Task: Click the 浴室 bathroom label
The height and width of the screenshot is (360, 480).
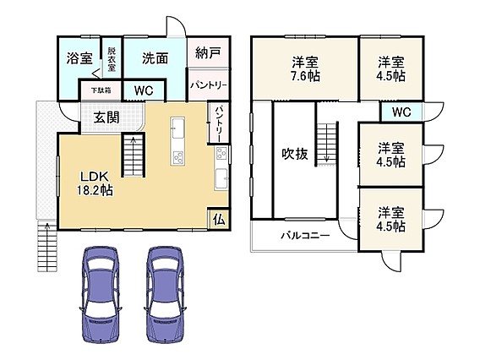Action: tap(79, 57)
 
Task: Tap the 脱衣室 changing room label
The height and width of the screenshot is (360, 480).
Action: tap(112, 59)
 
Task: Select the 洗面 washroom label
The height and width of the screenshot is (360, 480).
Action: tap(155, 58)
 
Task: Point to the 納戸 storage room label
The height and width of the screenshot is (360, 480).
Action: tap(208, 52)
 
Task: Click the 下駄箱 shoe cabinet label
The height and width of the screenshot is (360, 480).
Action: tap(101, 90)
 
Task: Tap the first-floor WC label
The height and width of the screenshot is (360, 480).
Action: tap(144, 90)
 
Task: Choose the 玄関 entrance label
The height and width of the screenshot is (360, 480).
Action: tap(106, 117)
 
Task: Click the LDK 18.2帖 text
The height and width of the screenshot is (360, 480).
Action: tap(95, 183)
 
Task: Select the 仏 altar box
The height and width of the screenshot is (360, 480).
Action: tap(219, 219)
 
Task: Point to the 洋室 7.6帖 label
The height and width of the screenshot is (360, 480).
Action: tap(305, 69)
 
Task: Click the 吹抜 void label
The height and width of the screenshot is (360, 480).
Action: tap(294, 154)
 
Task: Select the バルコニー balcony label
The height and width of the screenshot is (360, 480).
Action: tap(306, 236)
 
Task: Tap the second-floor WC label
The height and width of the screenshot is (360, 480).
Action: tap(401, 112)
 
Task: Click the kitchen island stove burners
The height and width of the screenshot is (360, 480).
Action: tap(177, 158)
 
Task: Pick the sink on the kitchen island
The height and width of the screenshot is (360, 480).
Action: tap(177, 128)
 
